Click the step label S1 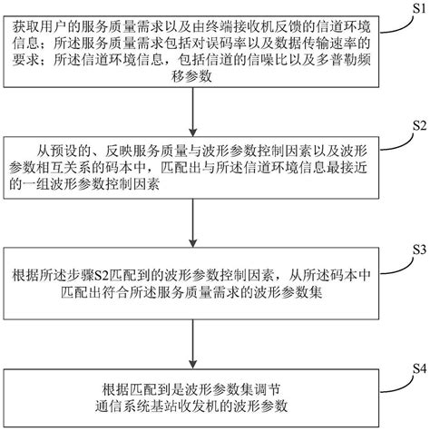(x=415, y=7)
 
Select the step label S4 (x=416, y=368)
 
